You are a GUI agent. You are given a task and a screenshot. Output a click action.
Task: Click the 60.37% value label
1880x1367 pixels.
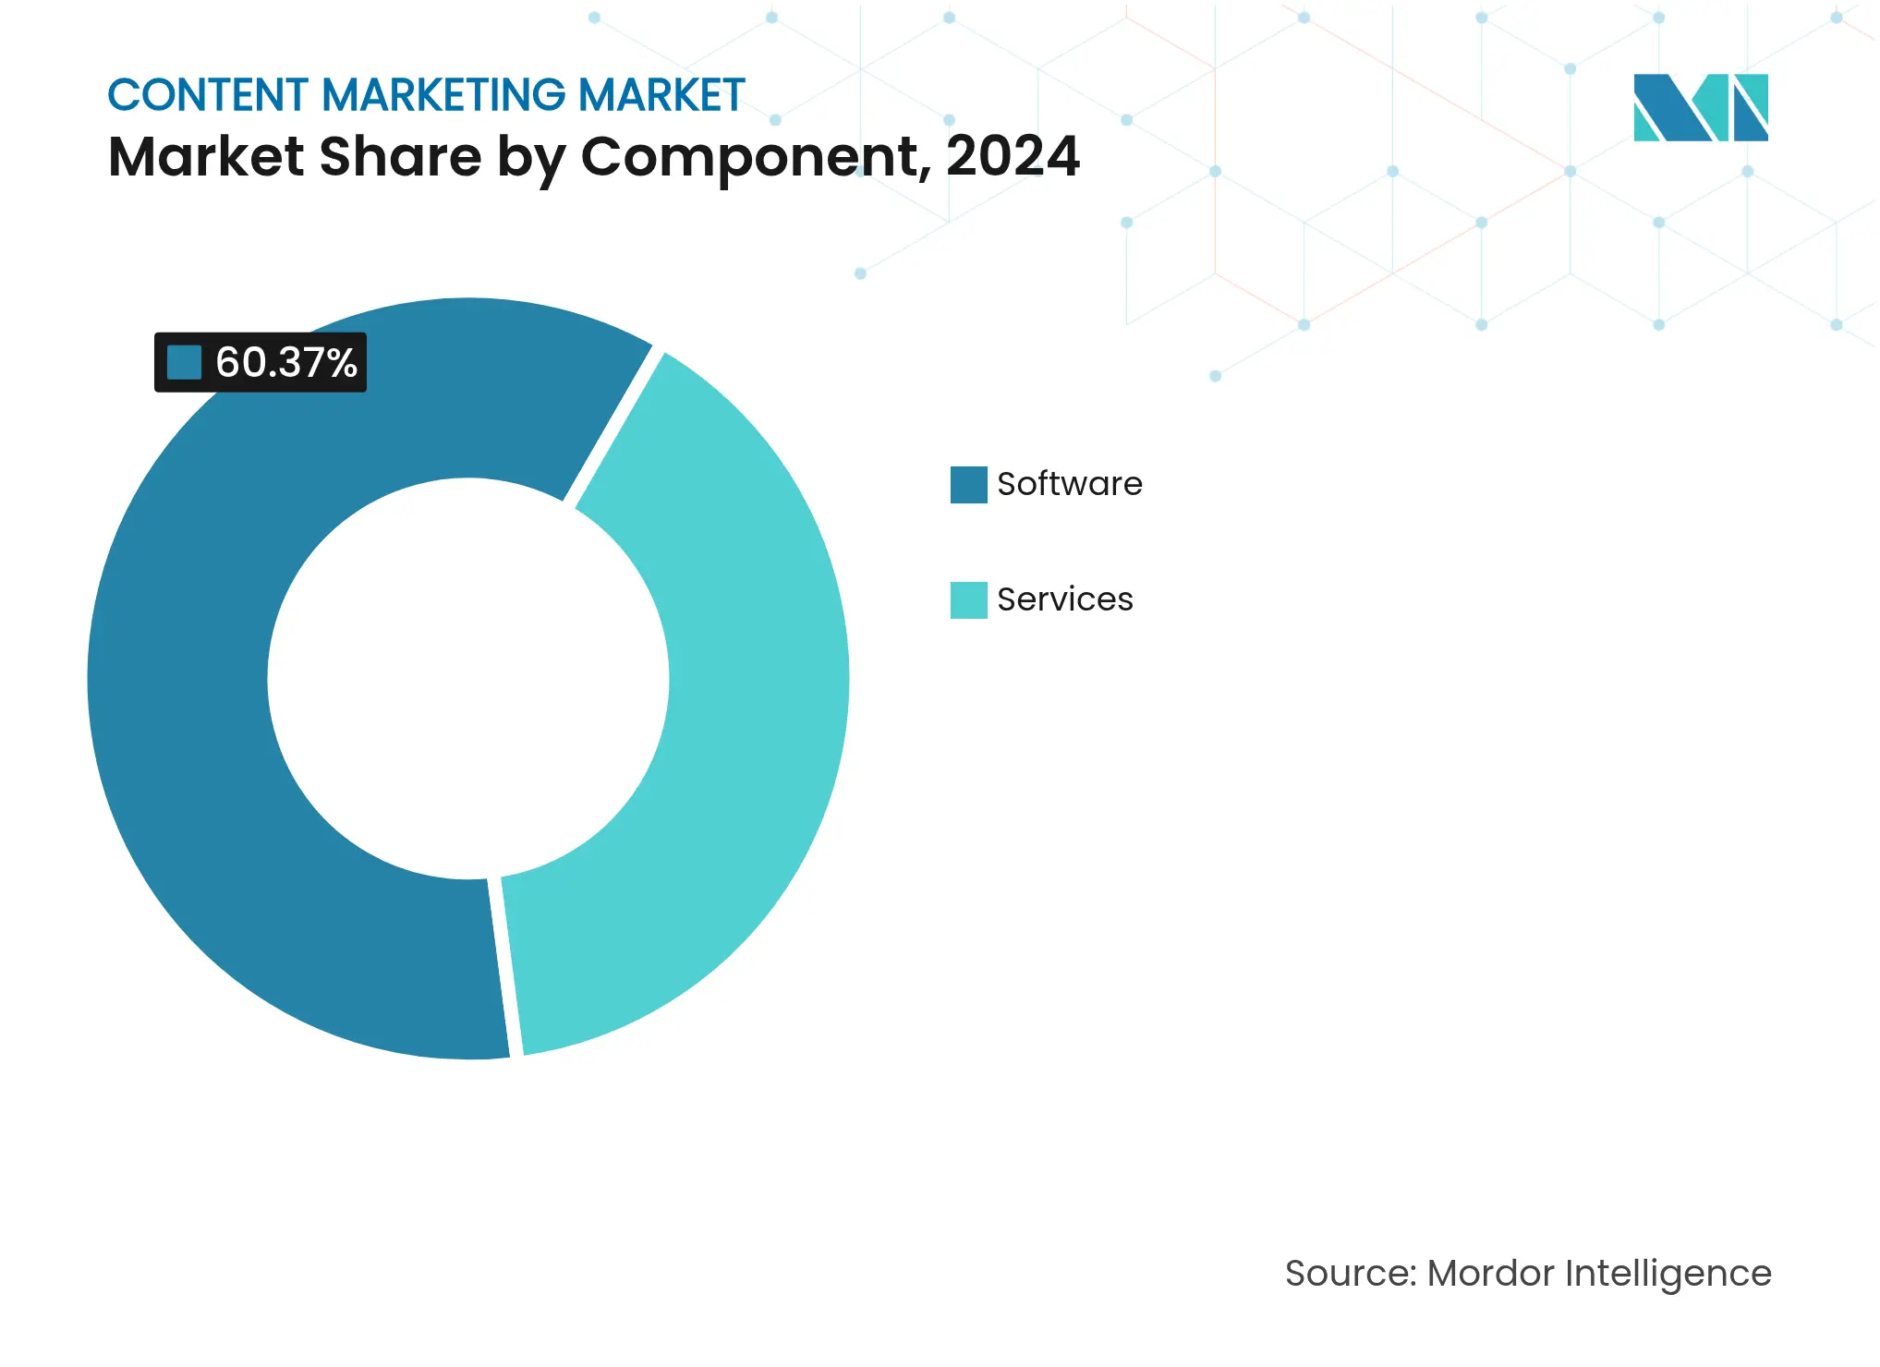tap(285, 363)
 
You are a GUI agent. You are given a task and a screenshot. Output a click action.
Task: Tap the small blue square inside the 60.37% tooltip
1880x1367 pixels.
tap(184, 363)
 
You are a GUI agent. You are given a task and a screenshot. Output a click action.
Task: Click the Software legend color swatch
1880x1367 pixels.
tap(968, 485)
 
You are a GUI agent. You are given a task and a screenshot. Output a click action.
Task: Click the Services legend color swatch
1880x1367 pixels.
tap(968, 600)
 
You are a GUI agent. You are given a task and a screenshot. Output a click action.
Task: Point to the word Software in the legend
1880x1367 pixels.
tap(1069, 484)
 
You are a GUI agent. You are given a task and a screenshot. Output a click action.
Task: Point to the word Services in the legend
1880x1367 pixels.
tap(1064, 599)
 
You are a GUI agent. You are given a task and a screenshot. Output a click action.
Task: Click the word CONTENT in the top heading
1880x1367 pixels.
tap(208, 95)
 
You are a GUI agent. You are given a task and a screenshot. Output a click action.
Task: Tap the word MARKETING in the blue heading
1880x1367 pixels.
tap(443, 95)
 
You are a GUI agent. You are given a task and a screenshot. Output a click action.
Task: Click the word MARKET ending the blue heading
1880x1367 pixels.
tap(661, 95)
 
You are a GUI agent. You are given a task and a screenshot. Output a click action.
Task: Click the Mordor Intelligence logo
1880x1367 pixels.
tap(1700, 107)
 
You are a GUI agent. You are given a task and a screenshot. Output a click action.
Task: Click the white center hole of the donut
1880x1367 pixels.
tap(468, 679)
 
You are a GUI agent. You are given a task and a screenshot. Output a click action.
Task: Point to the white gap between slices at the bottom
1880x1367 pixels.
tap(505, 965)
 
